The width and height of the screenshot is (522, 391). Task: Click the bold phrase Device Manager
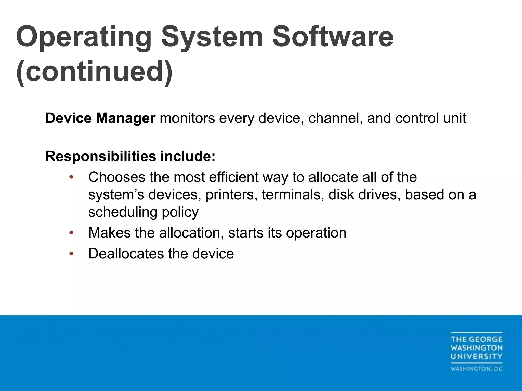click(x=100, y=118)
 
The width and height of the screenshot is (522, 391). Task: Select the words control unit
click(x=430, y=118)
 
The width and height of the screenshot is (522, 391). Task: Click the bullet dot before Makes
click(x=71, y=233)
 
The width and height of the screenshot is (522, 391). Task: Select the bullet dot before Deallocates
click(x=71, y=254)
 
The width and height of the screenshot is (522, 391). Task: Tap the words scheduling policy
click(x=143, y=212)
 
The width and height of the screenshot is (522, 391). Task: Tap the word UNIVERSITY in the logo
click(x=476, y=356)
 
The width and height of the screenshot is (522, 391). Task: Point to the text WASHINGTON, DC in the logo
click(x=476, y=369)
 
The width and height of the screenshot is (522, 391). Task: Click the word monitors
click(x=187, y=118)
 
